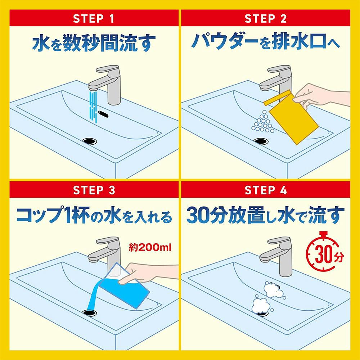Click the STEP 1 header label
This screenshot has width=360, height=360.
(x=94, y=19)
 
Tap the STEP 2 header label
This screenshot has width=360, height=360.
(x=266, y=19)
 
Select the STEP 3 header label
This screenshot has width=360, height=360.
(x=94, y=190)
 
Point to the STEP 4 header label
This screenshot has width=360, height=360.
(x=266, y=190)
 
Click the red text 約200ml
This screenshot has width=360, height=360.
(x=150, y=248)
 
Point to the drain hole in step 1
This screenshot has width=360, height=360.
(x=89, y=141)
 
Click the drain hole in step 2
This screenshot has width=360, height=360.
(x=261, y=141)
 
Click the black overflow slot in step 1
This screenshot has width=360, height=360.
(x=103, y=114)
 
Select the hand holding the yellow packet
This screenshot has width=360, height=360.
(x=321, y=96)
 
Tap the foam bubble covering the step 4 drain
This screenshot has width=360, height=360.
(x=261, y=306)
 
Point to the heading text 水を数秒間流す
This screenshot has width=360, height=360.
(x=94, y=43)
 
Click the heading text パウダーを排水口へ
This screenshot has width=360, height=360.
(x=266, y=41)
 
